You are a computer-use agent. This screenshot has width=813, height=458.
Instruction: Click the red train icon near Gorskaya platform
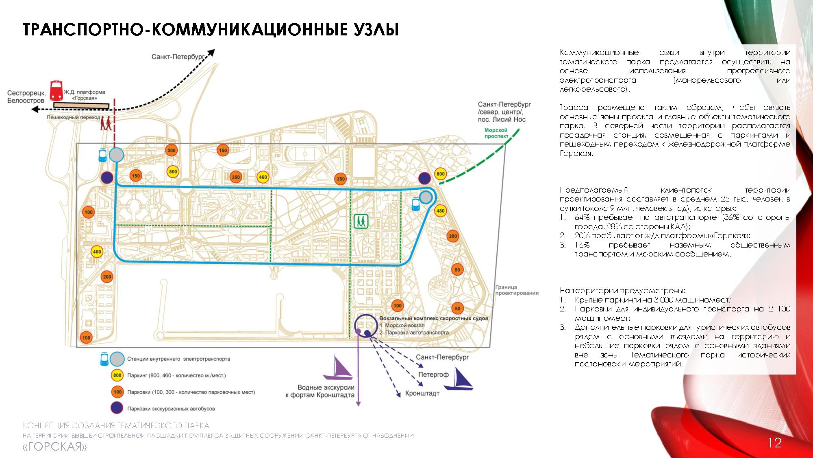[x=56, y=91]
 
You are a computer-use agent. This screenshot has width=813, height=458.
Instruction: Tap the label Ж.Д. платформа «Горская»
[x=85, y=95]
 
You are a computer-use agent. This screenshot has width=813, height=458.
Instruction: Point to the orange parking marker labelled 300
[x=172, y=150]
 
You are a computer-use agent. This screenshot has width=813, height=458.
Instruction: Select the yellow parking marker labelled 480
[x=440, y=211]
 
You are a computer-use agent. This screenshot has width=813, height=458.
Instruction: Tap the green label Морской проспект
[x=496, y=133]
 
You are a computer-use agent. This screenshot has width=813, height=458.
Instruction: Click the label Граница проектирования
[x=517, y=290]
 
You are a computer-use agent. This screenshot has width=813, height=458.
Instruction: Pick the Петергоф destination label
[x=433, y=375]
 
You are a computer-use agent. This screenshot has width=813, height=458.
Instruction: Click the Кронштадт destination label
[x=422, y=394]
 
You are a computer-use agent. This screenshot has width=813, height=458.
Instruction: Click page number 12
[x=775, y=443]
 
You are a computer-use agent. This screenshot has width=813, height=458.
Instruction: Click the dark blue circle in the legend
[x=117, y=408]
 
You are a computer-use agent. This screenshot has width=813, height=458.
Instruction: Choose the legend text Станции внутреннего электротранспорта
[x=178, y=359]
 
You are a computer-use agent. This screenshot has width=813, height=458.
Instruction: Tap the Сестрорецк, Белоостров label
[x=26, y=97]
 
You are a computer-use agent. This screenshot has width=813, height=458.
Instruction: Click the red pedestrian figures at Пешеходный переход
[x=106, y=123]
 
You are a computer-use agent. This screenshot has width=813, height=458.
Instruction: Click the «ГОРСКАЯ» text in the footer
[x=55, y=447]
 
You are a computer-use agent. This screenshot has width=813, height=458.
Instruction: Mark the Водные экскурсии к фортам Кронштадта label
[x=320, y=391]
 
